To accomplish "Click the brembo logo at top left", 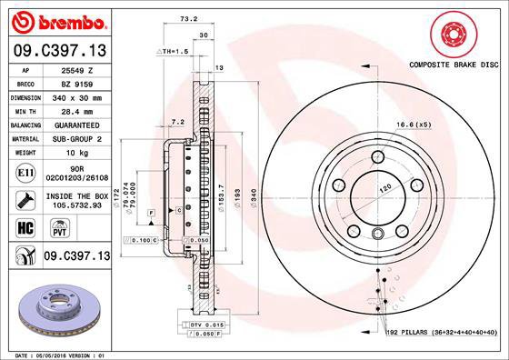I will tap(56, 19).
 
